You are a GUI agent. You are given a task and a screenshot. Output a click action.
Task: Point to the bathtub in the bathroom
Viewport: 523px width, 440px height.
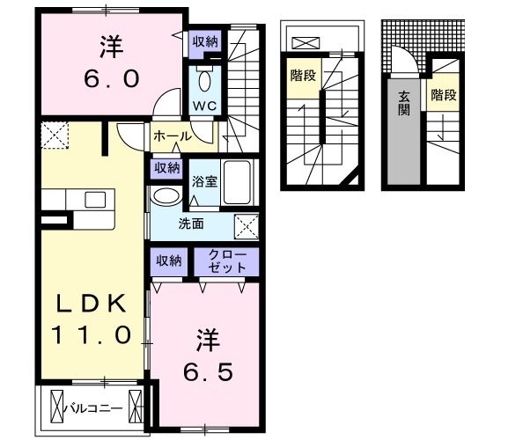[x=238, y=182]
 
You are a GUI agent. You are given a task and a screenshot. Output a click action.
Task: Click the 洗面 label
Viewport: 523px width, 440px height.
[x=192, y=224]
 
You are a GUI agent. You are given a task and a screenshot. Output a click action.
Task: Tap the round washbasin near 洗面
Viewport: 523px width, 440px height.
[x=164, y=196]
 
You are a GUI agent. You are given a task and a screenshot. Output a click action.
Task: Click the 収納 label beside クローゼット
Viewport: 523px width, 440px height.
[x=169, y=260]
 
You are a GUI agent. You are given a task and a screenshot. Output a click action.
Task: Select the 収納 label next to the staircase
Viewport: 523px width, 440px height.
[x=207, y=40]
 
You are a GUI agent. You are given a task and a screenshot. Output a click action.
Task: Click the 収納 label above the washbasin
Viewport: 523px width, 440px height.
[x=167, y=166]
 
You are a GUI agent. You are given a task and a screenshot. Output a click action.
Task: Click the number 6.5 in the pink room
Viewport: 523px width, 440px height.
[x=208, y=371]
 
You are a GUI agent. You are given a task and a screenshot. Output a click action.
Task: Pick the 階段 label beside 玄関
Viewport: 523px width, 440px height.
[x=442, y=94]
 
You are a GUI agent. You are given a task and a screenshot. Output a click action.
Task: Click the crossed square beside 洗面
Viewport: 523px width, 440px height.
[x=246, y=225]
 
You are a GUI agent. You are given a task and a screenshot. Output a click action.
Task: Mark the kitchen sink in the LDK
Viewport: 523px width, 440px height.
[x=94, y=199]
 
